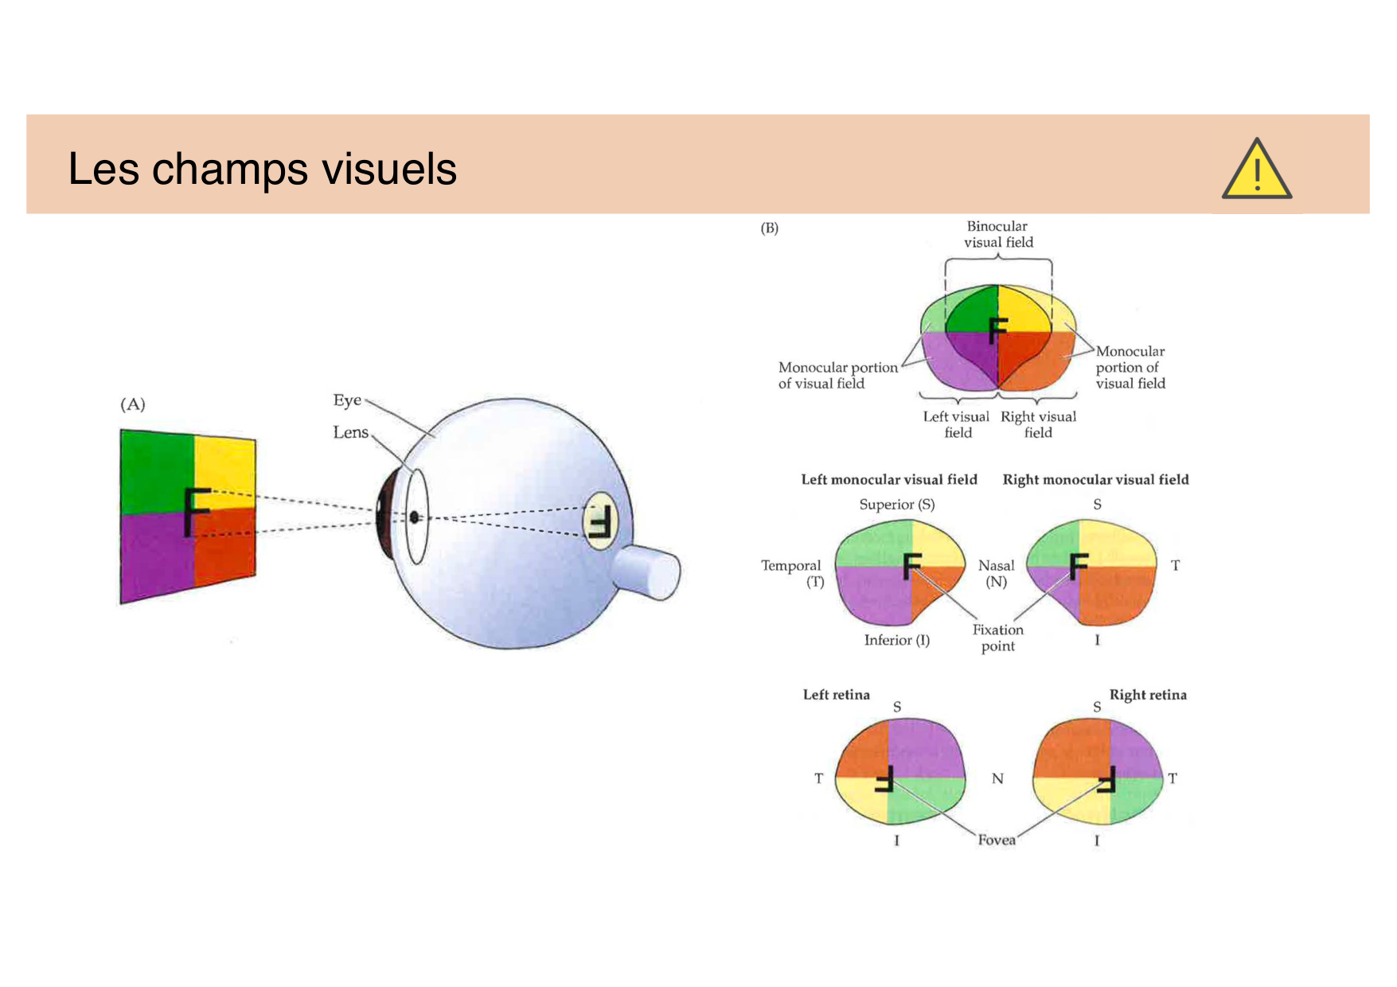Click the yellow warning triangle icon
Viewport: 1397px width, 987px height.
[1256, 169]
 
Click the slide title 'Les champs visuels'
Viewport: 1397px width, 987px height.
[262, 169]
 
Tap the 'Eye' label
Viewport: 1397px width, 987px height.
[347, 400]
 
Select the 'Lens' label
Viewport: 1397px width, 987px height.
[350, 432]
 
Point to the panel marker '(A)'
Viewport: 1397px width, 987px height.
[133, 404]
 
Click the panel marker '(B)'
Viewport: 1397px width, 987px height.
[769, 228]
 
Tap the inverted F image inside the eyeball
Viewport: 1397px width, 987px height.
[599, 521]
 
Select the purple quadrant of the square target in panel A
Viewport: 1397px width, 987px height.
[157, 557]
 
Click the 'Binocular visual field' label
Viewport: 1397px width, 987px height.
[998, 234]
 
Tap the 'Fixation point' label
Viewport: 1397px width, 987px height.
[998, 638]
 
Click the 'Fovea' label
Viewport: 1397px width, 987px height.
[997, 840]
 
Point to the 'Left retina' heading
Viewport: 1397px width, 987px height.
[836, 695]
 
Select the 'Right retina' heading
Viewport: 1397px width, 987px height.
[1148, 695]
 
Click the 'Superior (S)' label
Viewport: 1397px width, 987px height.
[897, 505]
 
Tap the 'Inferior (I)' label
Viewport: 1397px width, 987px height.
[897, 640]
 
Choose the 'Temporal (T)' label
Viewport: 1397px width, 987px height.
[791, 573]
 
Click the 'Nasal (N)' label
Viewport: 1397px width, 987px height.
[996, 573]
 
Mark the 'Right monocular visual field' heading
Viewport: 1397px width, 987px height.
[1095, 479]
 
